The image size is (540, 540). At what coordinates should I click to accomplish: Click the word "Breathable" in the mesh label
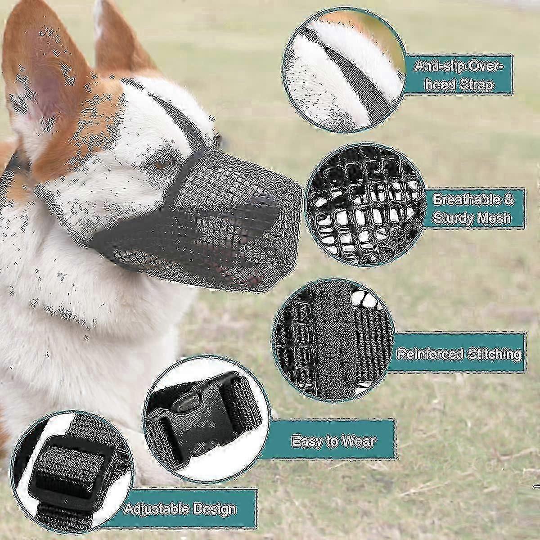pyautogui.click(x=473, y=200)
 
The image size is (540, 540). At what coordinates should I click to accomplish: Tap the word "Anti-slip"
pyautogui.click(x=439, y=67)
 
